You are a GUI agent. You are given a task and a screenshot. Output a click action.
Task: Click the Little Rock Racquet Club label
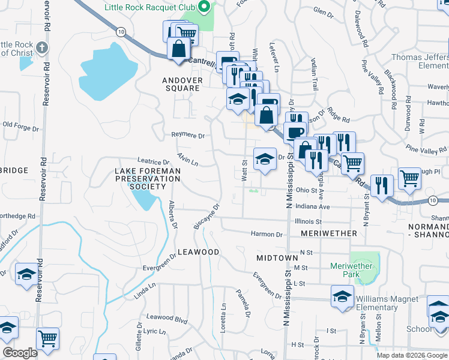point(151,8)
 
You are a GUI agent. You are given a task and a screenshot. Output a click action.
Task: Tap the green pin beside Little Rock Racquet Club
point(204,8)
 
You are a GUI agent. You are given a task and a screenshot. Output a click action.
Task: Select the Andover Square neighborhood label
point(181,84)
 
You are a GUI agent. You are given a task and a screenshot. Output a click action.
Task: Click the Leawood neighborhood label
point(198,252)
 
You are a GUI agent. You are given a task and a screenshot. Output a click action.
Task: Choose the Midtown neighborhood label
point(277,257)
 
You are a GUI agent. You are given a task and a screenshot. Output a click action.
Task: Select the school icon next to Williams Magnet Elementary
point(342,296)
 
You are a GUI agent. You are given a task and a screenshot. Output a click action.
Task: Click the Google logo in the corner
point(20,353)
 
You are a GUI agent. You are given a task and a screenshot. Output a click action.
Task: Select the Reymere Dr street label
point(188,135)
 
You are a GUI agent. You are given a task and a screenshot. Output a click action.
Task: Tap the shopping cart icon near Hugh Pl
point(409,178)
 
